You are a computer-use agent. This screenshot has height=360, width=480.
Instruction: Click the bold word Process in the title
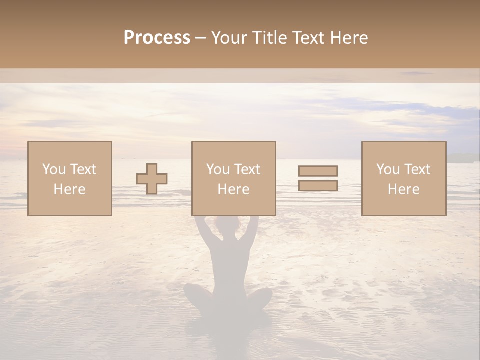pos(157,38)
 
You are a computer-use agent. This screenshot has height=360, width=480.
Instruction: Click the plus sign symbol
pos(152,179)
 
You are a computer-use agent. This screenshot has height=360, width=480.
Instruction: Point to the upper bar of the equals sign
pos(318,171)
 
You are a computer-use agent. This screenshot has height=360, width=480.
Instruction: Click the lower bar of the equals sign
pos(318,186)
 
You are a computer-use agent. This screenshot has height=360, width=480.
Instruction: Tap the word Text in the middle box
pos(247,169)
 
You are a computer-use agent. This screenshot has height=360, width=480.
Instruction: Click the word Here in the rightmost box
pos(404,189)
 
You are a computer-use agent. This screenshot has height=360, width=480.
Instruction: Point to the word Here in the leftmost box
pos(69,189)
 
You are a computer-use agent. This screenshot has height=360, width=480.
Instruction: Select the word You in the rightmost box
pos(387,169)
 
